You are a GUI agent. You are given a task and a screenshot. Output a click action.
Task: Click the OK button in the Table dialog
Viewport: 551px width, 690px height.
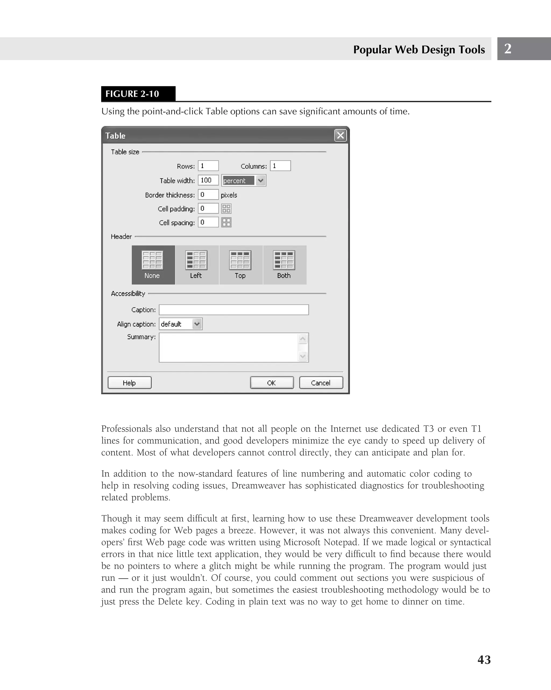(271, 383)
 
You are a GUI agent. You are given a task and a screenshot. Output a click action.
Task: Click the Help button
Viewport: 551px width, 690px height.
(129, 383)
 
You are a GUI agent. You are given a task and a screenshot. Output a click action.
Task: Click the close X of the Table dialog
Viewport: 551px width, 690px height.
(340, 135)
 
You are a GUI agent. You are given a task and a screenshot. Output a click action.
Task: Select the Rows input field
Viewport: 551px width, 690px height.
(208, 166)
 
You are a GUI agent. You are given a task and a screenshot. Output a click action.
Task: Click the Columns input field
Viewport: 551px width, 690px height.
(280, 166)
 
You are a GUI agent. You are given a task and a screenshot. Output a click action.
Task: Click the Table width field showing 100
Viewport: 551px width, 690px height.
(208, 180)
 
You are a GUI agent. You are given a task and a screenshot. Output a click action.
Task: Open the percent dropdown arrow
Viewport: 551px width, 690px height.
(261, 180)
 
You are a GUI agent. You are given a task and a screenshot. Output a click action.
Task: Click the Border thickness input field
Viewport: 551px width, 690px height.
(208, 195)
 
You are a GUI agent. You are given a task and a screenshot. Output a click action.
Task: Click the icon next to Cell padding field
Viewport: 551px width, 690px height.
(226, 209)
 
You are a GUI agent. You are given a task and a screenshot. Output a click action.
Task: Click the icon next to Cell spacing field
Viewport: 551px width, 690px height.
(226, 222)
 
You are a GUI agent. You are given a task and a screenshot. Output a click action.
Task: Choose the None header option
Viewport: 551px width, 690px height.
(153, 265)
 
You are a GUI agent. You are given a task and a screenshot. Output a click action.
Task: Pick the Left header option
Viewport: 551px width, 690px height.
(197, 265)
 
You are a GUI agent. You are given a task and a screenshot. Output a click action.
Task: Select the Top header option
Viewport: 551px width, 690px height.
(241, 265)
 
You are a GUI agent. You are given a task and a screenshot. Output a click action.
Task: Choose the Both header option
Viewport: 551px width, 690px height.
(284, 265)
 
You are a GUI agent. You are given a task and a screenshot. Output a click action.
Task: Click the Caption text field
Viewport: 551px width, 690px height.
(234, 310)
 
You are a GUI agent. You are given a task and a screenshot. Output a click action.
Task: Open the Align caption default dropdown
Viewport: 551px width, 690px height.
(197, 324)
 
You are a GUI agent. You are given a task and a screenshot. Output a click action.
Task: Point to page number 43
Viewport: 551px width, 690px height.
(484, 660)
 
